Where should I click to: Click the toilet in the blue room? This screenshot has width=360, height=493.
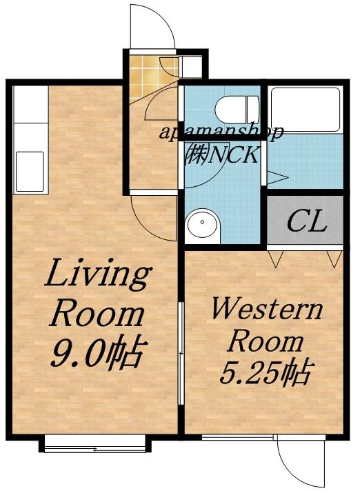click(x=237, y=110)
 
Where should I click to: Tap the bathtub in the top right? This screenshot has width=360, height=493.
click(x=306, y=110)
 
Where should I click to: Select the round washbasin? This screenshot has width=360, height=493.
click(x=202, y=223)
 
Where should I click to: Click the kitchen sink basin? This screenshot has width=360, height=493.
click(x=30, y=172)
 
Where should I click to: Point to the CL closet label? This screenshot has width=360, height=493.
click(x=306, y=221)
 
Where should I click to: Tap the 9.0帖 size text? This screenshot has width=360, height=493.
click(x=99, y=352)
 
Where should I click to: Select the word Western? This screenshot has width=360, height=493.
click(x=268, y=308)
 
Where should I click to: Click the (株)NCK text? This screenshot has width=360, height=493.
click(x=222, y=154)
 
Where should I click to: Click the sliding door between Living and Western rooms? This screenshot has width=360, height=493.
click(x=181, y=354)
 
